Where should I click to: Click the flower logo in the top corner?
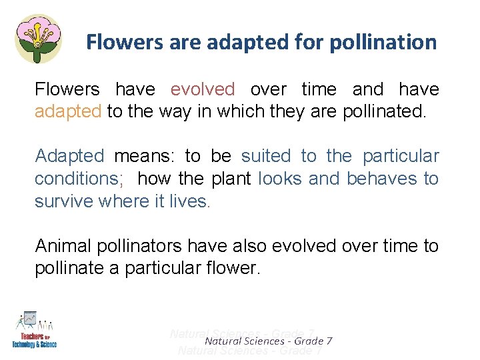pyautogui.click(x=38, y=38)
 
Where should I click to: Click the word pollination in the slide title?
pyautogui.click(x=381, y=43)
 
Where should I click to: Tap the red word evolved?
pyautogui.click(x=203, y=89)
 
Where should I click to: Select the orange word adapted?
pyautogui.click(x=68, y=111)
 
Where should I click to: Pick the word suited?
pyautogui.click(x=266, y=157)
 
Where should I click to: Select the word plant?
pyautogui.click(x=231, y=179)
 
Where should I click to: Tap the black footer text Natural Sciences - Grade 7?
pyautogui.click(x=269, y=341)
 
